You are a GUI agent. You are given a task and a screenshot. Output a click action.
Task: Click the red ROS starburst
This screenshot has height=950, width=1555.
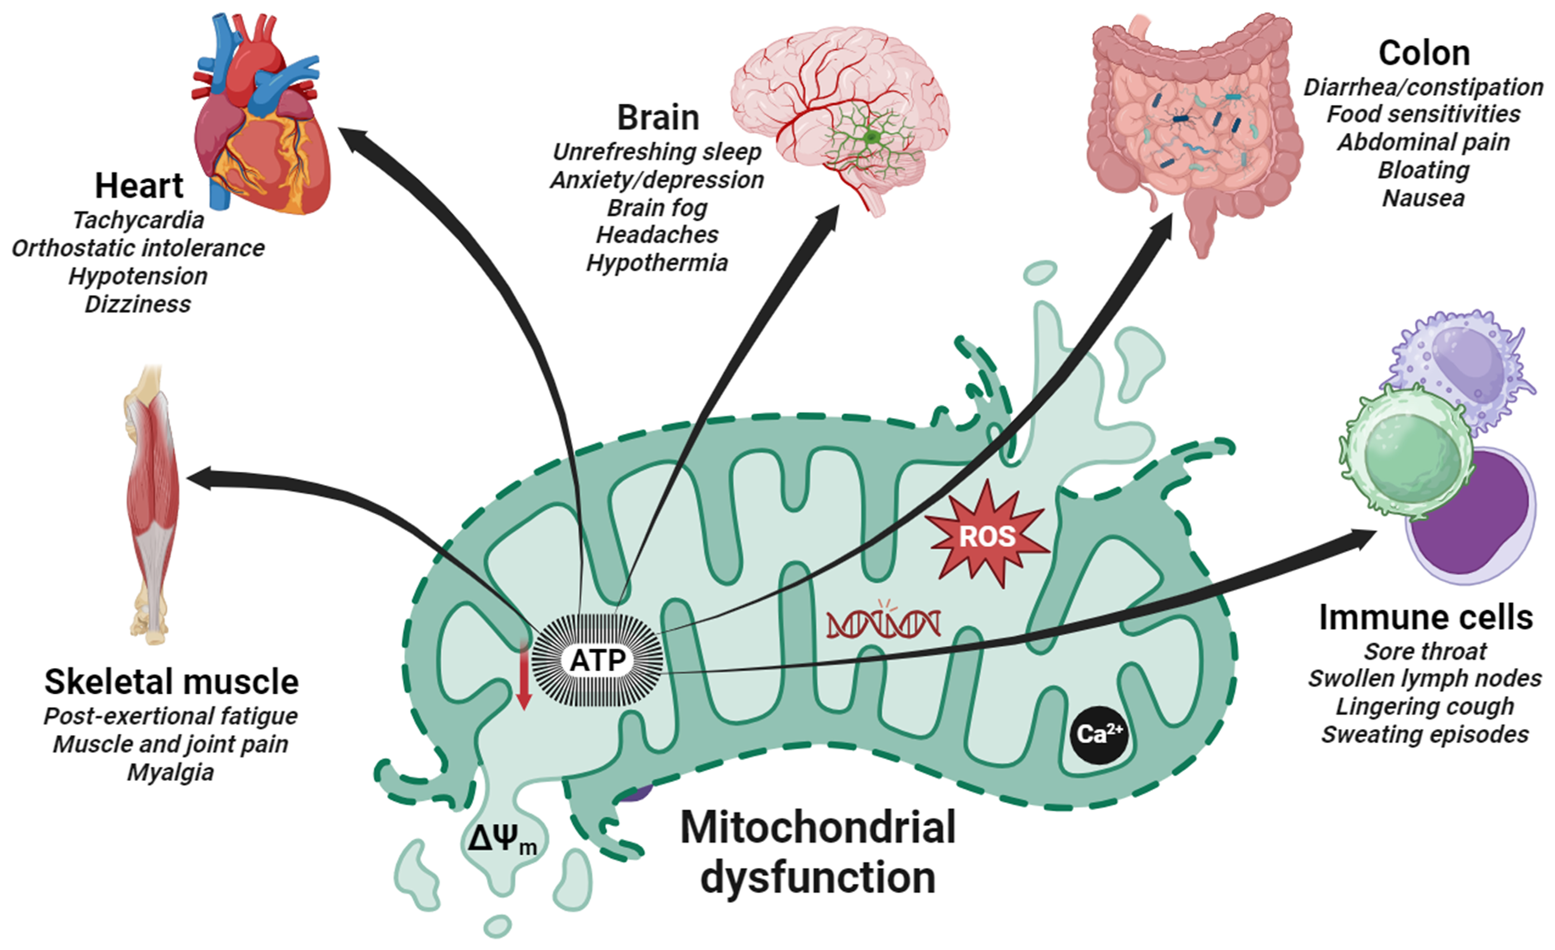click(x=986, y=536)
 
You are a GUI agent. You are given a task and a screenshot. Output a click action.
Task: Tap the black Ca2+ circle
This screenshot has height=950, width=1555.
click(x=1099, y=734)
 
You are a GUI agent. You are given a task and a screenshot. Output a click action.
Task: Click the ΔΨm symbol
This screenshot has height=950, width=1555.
click(x=502, y=840)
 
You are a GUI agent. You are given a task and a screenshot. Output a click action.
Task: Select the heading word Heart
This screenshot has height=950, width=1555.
click(x=139, y=186)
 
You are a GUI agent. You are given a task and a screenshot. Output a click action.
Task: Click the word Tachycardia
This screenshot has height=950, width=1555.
click(x=138, y=220)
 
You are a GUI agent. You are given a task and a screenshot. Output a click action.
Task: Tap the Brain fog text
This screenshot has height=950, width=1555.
click(x=657, y=208)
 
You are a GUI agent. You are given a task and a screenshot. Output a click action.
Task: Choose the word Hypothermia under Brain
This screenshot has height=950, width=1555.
click(x=657, y=263)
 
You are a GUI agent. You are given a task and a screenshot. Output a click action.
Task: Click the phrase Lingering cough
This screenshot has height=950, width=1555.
click(x=1425, y=706)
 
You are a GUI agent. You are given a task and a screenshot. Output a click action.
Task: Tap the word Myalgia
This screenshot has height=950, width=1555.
click(x=170, y=772)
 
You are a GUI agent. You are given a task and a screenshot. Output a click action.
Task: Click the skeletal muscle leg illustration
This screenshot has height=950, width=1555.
click(x=151, y=505)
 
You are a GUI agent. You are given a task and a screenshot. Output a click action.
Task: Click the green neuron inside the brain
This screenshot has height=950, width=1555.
click(x=872, y=137)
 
